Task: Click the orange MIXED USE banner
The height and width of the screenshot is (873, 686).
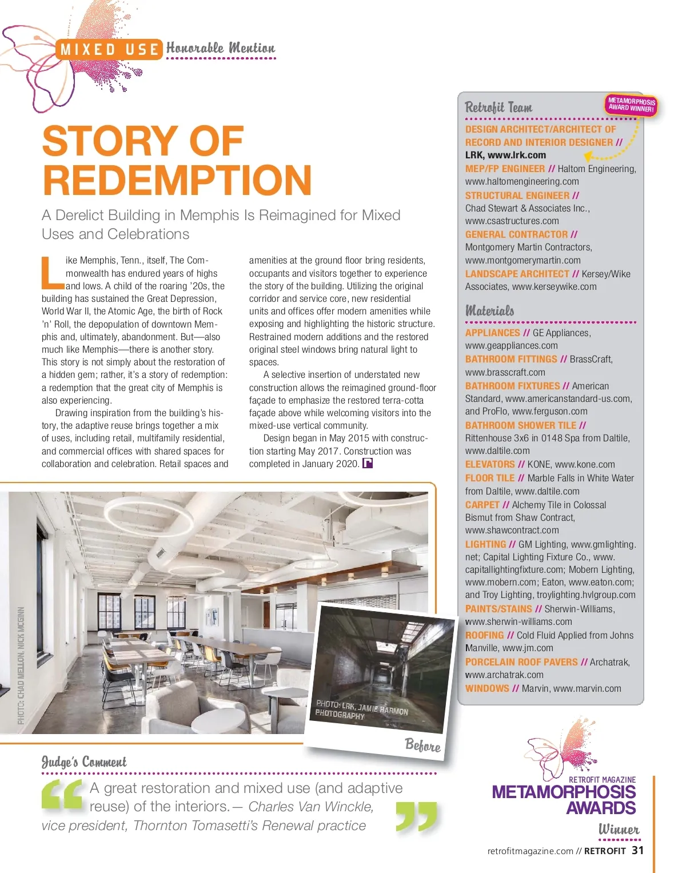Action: tap(109, 50)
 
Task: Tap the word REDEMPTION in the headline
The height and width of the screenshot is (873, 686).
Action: tap(177, 180)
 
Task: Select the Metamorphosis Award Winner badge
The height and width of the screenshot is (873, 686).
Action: tap(631, 105)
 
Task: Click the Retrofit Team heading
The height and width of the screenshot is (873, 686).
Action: tap(498, 107)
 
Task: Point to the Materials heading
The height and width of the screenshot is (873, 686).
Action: tap(489, 311)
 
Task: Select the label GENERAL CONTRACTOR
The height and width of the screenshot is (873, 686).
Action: tap(517, 234)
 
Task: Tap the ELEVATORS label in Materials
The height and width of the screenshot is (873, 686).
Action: tap(490, 464)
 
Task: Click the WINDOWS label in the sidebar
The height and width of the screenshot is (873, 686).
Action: tap(487, 688)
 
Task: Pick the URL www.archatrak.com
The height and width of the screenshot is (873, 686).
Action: tap(504, 675)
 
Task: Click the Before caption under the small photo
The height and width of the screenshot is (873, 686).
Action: tap(422, 745)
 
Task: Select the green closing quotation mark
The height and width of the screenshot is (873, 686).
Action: tap(416, 816)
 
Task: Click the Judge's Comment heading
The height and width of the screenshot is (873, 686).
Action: tap(84, 762)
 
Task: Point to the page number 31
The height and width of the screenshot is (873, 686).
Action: tap(637, 850)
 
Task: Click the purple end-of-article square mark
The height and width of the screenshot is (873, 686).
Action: tap(368, 464)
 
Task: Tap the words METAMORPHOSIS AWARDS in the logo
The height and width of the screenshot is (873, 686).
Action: tap(564, 800)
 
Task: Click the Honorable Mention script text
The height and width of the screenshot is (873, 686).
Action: tap(221, 48)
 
